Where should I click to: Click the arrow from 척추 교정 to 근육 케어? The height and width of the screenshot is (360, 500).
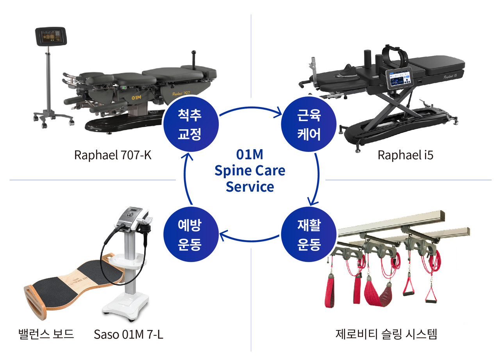250,106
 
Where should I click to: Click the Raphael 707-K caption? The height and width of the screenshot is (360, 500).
112,155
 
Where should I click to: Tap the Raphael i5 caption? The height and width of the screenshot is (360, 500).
405,155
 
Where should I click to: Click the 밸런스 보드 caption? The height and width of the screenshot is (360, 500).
46,335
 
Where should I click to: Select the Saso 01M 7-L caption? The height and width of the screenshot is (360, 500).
129,335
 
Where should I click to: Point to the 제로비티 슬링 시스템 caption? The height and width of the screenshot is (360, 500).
386,335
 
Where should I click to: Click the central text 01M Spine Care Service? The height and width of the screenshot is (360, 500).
250,171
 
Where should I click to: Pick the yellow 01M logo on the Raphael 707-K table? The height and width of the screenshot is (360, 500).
136,95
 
